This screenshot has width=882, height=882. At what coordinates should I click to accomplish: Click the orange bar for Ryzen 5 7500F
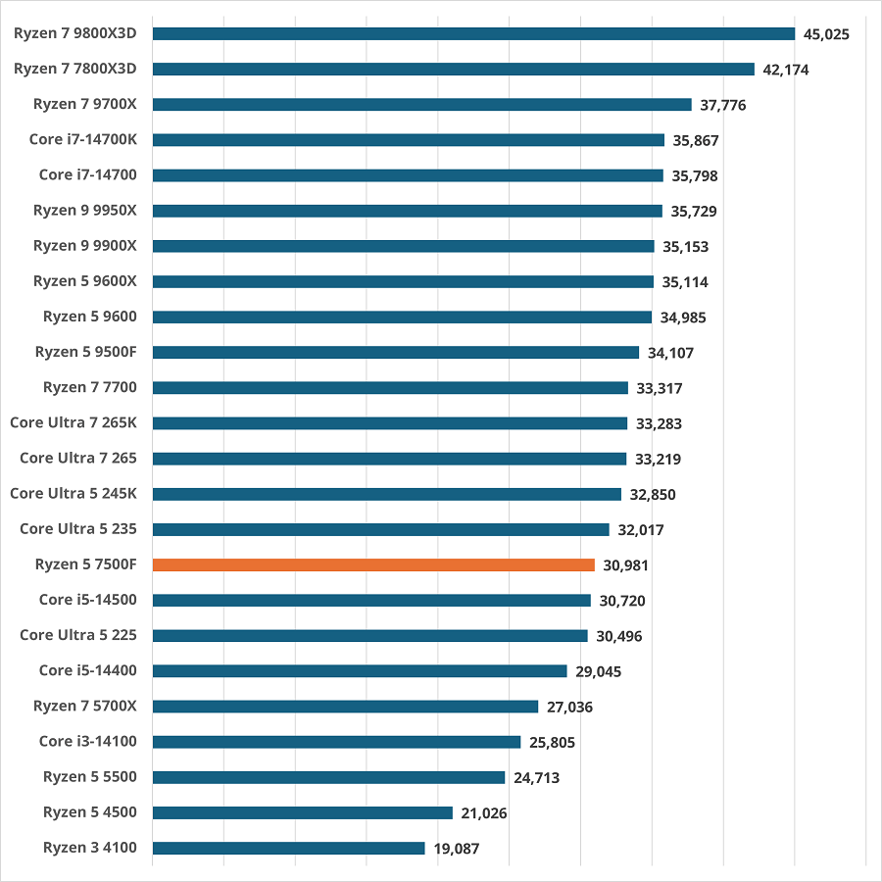373,564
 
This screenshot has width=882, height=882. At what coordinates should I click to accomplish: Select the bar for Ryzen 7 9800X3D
473,33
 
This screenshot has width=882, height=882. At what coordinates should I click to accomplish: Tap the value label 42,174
786,70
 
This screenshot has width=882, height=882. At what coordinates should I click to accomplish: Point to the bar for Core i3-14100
336,742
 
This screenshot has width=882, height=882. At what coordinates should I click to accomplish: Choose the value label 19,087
456,849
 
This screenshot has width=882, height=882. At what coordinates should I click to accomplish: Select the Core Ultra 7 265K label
73,422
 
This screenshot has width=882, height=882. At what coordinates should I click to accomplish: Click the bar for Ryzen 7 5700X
345,707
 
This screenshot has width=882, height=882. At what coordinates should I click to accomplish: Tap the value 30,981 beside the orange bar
625,565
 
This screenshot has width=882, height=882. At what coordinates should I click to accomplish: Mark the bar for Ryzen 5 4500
303,812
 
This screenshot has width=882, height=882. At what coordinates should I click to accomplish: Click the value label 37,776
723,105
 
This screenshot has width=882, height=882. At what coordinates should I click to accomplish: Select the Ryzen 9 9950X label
85,210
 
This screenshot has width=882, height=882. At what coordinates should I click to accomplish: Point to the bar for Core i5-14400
360,671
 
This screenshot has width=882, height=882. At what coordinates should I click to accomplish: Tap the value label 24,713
536,778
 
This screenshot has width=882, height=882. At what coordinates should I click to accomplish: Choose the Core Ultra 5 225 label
78,635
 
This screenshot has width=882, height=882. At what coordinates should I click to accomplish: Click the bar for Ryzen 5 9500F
396,352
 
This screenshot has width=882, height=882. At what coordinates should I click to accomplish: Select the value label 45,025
826,34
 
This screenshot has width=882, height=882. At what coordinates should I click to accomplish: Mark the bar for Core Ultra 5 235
381,529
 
